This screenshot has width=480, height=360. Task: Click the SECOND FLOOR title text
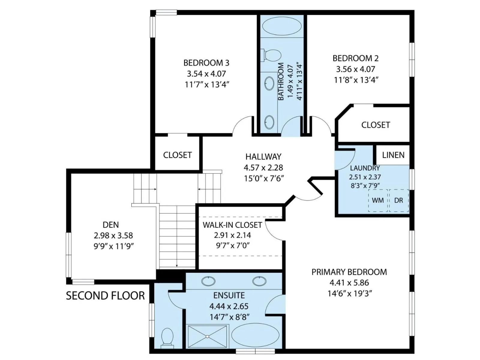[x=105, y=296]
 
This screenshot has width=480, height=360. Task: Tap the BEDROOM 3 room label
[x=206, y=63]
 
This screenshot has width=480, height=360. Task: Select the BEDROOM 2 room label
[x=355, y=58]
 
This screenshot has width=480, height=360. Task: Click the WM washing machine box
[x=378, y=200]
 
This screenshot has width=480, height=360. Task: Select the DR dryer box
[x=399, y=200]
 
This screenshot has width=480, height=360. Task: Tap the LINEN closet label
[x=393, y=155]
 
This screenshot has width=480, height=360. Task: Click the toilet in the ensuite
[x=167, y=343]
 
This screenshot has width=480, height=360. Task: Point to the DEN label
[x=111, y=225]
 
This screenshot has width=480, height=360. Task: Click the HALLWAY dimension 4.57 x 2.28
[x=263, y=168]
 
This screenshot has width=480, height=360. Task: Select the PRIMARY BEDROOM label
[x=349, y=272]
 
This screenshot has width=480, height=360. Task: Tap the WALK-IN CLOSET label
[x=232, y=225]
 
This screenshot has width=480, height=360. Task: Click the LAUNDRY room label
[x=365, y=168]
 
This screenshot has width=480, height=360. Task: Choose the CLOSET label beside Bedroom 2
[x=376, y=125]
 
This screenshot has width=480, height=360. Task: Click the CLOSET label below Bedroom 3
[x=177, y=155]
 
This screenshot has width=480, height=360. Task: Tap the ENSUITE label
[x=229, y=295]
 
